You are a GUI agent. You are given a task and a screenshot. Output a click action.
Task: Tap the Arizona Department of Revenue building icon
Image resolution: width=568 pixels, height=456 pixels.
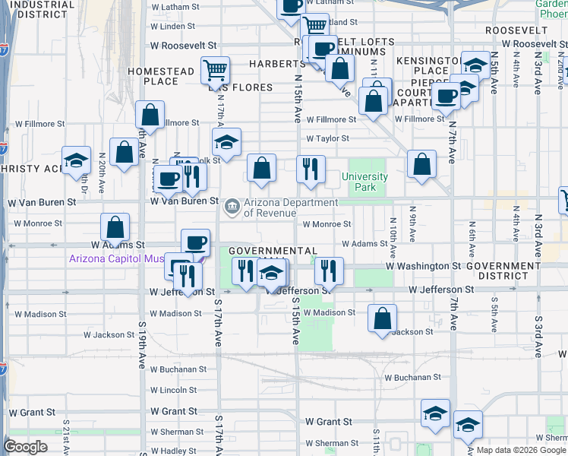point(231,205)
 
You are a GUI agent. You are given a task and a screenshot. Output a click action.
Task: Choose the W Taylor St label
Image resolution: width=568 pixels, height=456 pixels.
point(327,139)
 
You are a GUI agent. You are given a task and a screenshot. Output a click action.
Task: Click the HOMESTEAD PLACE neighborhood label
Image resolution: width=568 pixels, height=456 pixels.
point(161,76)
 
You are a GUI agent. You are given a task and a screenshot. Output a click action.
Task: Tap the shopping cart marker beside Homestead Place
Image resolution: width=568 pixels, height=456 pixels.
point(216,71)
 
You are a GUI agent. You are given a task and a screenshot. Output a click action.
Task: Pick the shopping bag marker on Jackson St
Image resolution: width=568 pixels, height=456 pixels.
point(383,318)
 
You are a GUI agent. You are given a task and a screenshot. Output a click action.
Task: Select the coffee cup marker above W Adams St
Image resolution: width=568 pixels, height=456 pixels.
point(196,242)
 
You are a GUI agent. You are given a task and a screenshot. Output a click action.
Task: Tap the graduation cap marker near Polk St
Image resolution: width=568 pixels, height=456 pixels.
point(226,141)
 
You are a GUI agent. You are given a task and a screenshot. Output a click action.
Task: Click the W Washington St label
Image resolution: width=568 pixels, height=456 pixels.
point(423,266)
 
